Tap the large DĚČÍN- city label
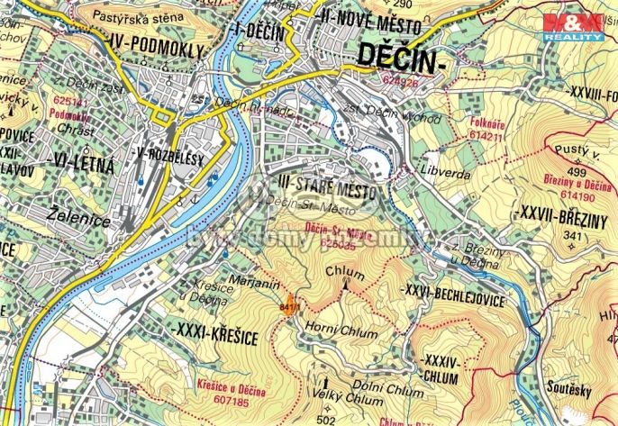tap(402, 57)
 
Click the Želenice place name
tap(78, 213)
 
